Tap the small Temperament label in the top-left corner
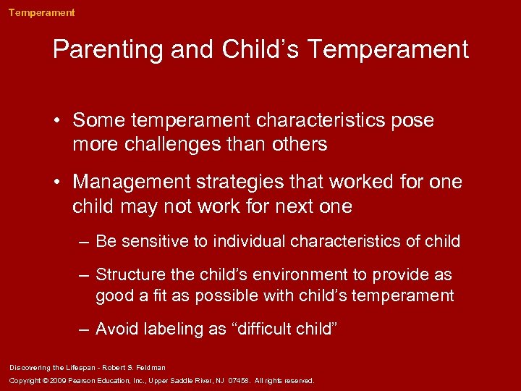(x=41, y=12)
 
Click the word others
(x=301, y=144)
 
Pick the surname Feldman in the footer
(x=150, y=368)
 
